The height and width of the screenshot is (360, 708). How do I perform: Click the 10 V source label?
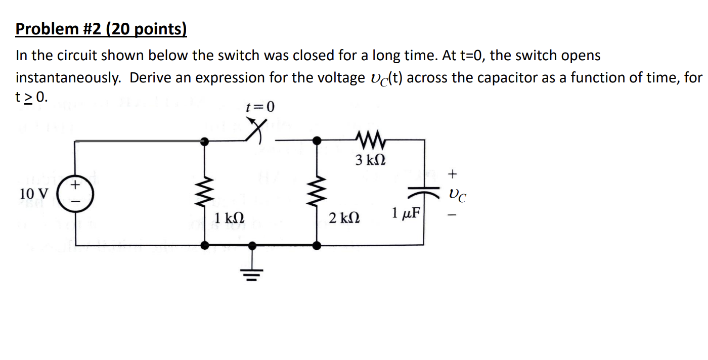(34, 193)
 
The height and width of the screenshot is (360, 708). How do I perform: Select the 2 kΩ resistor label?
(344, 218)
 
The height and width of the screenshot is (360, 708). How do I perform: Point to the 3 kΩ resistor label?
(370, 161)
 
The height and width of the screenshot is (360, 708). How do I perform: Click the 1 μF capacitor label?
(406, 212)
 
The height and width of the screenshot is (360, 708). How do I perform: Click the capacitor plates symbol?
(424, 193)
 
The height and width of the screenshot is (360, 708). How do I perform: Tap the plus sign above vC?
(453, 174)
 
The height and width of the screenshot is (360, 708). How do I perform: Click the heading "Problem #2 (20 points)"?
(101, 30)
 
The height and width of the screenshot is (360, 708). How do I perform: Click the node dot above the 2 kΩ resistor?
(317, 141)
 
